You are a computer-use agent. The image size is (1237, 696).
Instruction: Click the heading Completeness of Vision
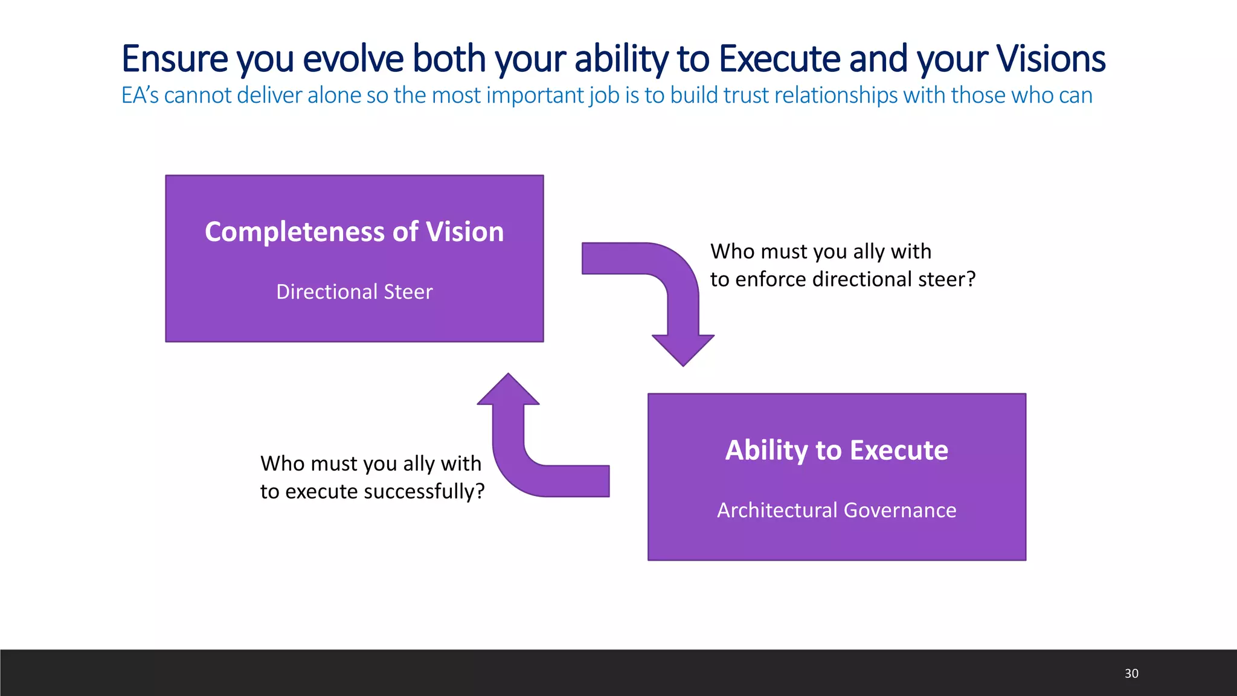354,232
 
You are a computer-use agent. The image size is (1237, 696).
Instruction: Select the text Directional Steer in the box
354,292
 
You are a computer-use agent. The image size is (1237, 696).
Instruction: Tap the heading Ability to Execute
837,450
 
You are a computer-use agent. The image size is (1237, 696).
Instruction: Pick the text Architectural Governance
837,511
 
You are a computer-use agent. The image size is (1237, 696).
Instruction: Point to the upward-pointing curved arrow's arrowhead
508,390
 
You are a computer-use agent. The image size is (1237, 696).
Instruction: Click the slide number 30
1131,674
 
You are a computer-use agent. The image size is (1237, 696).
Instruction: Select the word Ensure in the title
175,59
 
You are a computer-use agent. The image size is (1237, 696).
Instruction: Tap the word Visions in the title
1050,59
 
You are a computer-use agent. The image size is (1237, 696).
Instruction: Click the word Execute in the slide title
779,59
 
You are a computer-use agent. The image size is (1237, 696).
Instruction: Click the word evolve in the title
353,59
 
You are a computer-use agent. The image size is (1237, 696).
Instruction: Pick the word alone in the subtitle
335,95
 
